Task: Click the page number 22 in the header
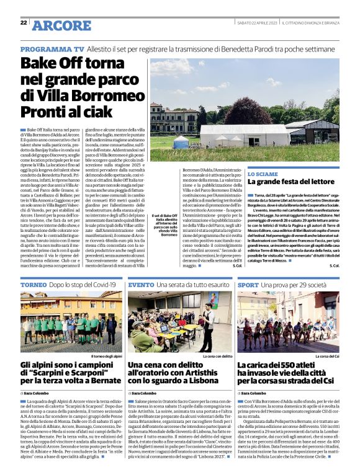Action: [x=24, y=22]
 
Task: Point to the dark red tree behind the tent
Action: [x=246, y=113]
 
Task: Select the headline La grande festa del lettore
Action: [x=300, y=183]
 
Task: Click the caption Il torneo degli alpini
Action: [x=106, y=357]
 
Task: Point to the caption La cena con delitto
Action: [x=215, y=357]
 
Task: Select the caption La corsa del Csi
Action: [x=327, y=357]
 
